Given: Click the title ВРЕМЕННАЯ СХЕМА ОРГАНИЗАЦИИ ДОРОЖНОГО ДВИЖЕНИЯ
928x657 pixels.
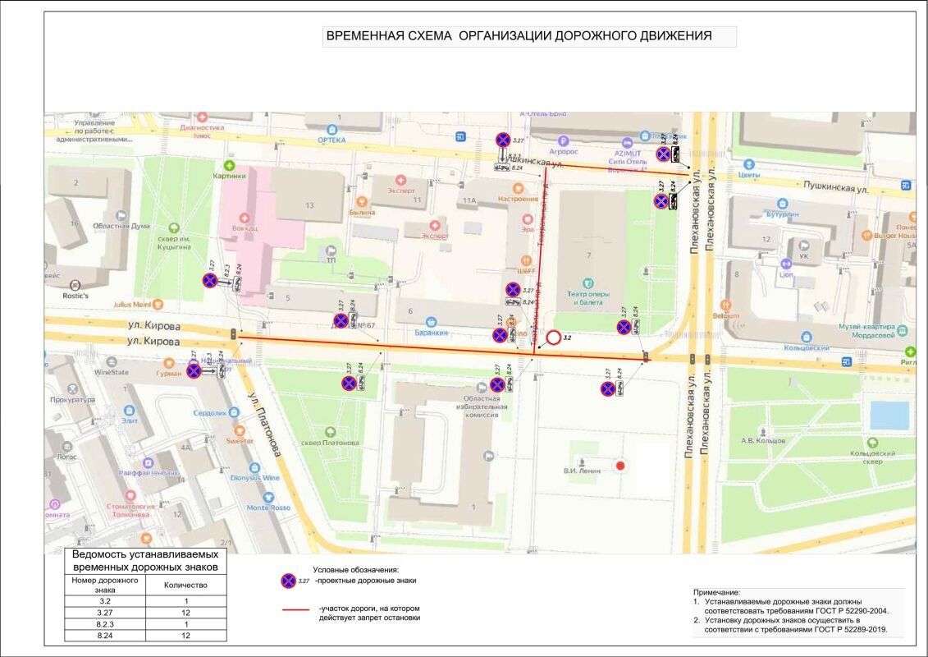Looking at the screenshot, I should [x=519, y=36].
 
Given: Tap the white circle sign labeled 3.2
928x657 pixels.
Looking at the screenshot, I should [x=554, y=338].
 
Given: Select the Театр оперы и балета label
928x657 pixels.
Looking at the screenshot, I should [x=588, y=297].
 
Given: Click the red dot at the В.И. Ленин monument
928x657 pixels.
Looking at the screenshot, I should [x=621, y=466].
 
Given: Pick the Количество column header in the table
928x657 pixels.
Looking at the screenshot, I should [x=185, y=586].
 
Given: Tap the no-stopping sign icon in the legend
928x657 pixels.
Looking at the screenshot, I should [x=288, y=581].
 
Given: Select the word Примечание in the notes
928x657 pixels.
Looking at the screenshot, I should [x=717, y=592].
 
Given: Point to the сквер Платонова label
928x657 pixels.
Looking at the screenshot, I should [x=331, y=443].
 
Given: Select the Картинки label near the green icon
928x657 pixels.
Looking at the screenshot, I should [x=229, y=175].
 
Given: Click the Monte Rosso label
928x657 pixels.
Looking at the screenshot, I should [x=268, y=508].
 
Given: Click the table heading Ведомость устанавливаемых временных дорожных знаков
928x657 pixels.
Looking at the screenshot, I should [x=145, y=561].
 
